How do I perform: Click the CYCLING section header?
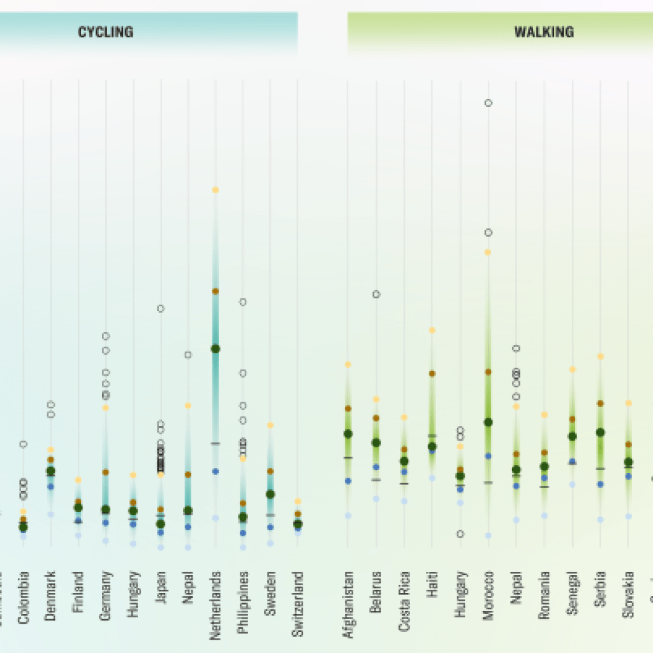[x=105, y=32]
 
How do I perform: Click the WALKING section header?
[x=544, y=32]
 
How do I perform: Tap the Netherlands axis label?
[x=216, y=605]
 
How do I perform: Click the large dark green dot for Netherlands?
[x=216, y=349]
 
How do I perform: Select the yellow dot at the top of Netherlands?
[x=216, y=190]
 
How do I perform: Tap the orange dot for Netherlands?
[x=216, y=291]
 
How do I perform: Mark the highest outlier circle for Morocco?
[x=488, y=103]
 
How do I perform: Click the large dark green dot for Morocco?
[x=488, y=422]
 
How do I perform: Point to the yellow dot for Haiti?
[x=432, y=330]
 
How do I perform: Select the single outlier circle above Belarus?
[x=376, y=294]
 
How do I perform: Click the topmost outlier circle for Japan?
[x=161, y=309]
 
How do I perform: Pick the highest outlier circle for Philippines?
[x=243, y=302]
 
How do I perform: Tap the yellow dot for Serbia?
[x=600, y=356]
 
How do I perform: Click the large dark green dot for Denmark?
[x=51, y=471]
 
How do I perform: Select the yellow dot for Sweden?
[x=270, y=425]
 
